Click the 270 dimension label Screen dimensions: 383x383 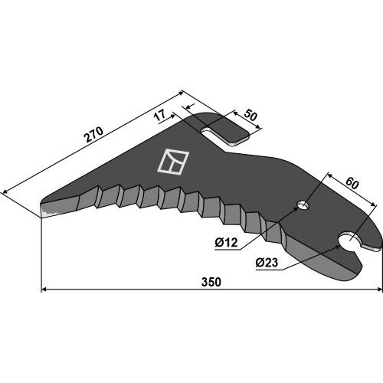coord(94,134)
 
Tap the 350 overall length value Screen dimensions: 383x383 coord(211,282)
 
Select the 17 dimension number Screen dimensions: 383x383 coord(160,116)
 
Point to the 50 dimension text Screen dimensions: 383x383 coord(250,116)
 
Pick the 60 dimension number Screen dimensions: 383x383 coord(352,183)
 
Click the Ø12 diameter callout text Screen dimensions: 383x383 coord(226,242)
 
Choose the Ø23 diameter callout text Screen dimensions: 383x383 coord(267,262)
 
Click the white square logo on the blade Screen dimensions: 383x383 coord(173,162)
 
